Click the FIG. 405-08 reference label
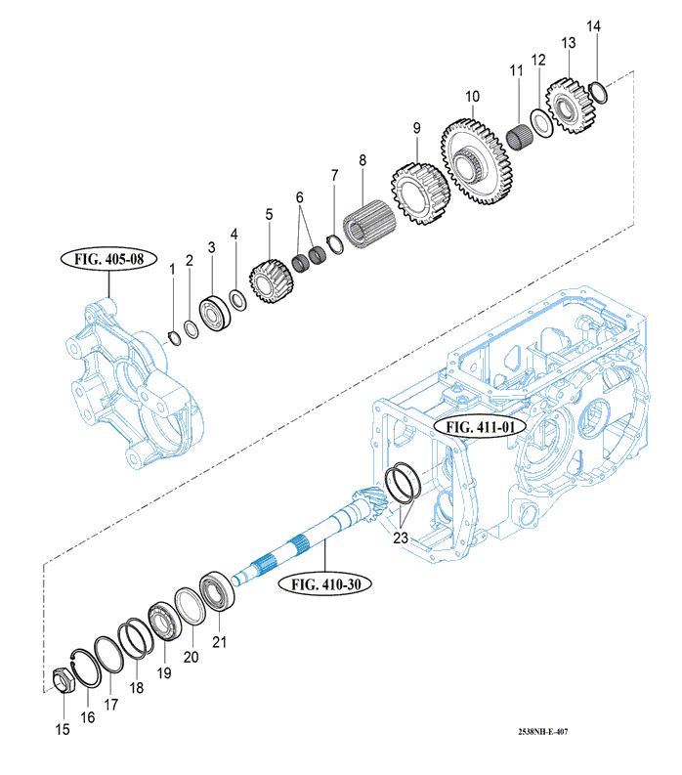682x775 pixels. tap(108, 261)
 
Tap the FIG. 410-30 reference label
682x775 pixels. tap(327, 583)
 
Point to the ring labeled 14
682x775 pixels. tap(600, 93)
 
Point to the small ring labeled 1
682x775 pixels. tap(174, 337)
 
